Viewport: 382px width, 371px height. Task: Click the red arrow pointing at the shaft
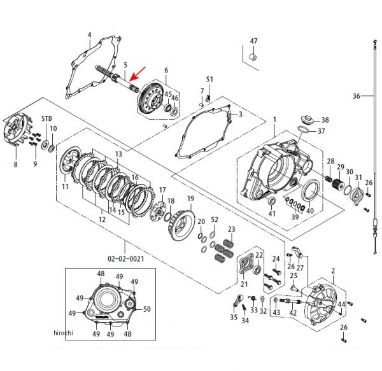[x=138, y=74]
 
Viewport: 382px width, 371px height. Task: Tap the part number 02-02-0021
[x=126, y=259]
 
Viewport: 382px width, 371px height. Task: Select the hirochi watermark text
[x=63, y=333]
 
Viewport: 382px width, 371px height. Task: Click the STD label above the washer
[x=46, y=119]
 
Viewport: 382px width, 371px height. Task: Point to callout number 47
[x=253, y=41]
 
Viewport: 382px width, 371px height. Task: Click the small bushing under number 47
[x=253, y=58]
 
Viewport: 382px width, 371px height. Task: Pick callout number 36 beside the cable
[x=357, y=96]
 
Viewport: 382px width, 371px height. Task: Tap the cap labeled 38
[x=308, y=120]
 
